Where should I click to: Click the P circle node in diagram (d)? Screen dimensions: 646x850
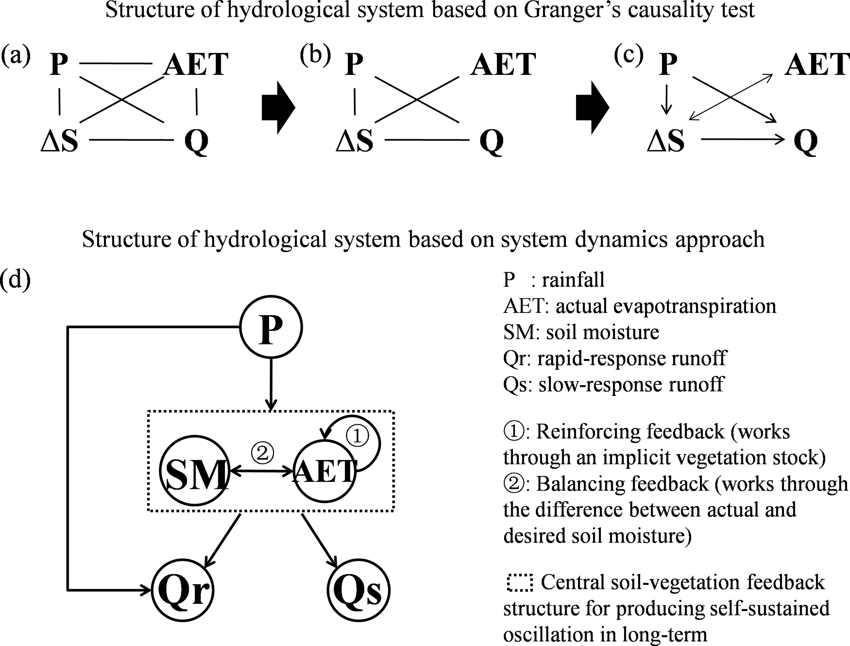coord(271,327)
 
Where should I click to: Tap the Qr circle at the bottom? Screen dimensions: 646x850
coord(183,590)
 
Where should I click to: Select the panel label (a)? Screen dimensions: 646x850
coord(16,56)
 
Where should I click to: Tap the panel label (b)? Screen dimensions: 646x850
coord(315,56)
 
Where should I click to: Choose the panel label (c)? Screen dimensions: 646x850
coord(628,56)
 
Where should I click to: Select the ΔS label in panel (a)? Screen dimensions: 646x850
coord(59,141)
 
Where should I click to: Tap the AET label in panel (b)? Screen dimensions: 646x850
coord(503,65)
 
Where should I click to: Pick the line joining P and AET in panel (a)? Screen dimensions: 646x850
coord(116,64)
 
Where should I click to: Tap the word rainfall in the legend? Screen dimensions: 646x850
coord(573,280)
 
